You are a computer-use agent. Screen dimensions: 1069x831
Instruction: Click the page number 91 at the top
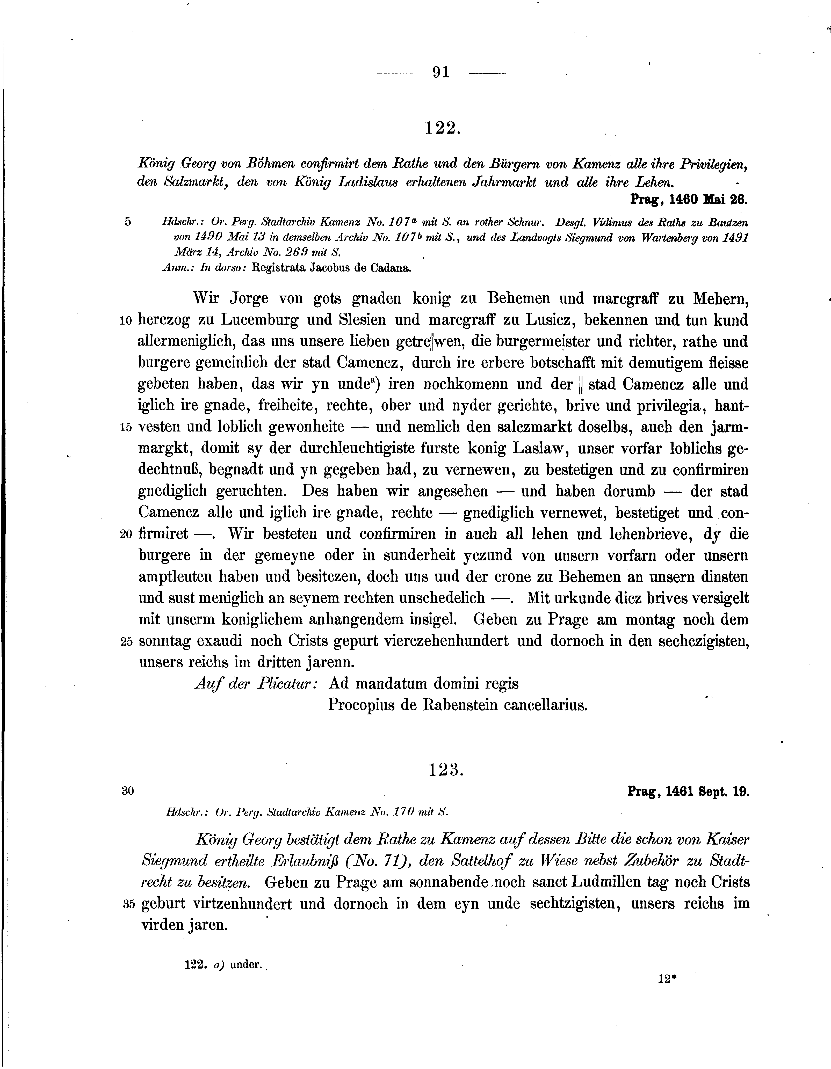click(x=441, y=72)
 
